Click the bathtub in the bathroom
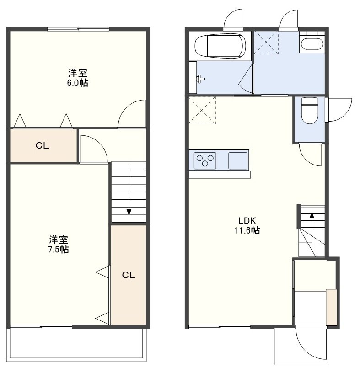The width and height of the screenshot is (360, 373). click(220, 46)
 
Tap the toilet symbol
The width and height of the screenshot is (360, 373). click(310, 110)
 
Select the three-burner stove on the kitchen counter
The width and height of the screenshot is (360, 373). click(205, 160)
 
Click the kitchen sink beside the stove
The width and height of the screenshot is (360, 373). click(237, 160)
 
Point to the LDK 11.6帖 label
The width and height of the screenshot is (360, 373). click(247, 225)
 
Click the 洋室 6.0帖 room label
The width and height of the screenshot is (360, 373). click(78, 78)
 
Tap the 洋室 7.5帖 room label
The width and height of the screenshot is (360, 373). click(59, 244)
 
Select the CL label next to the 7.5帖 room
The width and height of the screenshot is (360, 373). click(129, 275)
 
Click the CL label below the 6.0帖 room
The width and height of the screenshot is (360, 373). click(43, 145)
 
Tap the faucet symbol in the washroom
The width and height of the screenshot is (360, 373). click(201, 79)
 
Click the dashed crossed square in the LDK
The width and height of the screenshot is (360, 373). click(202, 110)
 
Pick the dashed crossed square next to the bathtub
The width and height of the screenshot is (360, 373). click(266, 43)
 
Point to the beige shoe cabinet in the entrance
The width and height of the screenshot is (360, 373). click(331, 307)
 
